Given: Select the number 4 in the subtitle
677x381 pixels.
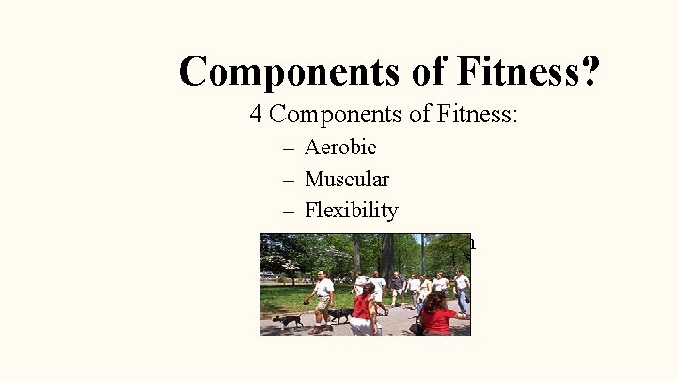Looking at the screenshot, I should point(256,115).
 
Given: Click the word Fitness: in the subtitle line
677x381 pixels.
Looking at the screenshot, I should point(475,115).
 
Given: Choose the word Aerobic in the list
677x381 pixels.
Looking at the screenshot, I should point(340,148).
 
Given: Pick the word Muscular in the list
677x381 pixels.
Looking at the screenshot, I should point(347,179).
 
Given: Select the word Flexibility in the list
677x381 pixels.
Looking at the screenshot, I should point(351,211).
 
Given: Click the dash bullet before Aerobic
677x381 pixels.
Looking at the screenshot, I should point(288,148).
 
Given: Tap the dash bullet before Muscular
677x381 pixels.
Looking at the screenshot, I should point(288,179).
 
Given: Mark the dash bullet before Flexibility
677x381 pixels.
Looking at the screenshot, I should point(288,211).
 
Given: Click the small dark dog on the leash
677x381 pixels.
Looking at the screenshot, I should point(288,320).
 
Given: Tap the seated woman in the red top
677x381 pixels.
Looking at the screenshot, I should point(436,315).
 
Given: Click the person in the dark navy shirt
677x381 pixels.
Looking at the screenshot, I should point(397,287).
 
